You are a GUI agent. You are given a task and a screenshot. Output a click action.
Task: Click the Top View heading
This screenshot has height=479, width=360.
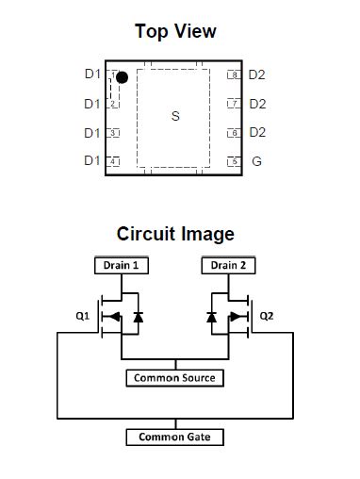(175, 32)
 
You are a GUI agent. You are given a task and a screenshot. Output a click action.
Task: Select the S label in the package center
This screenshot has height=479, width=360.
(175, 117)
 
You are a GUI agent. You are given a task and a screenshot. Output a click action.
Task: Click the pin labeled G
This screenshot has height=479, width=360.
(255, 161)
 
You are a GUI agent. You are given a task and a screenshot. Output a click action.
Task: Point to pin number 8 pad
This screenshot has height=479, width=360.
(234, 74)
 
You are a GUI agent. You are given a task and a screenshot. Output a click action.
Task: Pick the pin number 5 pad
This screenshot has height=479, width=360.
(234, 161)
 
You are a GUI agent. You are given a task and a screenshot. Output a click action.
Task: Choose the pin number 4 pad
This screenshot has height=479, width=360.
(113, 161)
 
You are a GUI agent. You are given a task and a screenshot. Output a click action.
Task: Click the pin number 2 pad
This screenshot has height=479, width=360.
(113, 104)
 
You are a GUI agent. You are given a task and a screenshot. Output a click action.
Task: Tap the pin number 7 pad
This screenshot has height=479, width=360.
(234, 104)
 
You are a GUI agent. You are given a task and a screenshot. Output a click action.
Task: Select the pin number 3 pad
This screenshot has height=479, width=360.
(113, 133)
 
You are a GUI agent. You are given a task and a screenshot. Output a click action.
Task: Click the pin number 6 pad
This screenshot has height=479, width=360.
(234, 133)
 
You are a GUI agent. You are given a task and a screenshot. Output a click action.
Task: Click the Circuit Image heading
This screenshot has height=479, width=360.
(175, 234)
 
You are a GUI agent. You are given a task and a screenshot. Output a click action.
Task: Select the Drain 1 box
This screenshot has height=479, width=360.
(122, 266)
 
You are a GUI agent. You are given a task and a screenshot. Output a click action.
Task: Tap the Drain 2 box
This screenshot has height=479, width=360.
(229, 266)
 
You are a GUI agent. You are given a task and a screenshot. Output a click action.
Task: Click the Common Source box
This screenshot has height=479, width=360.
(175, 378)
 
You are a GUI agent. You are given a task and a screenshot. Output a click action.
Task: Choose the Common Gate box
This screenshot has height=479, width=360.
(175, 438)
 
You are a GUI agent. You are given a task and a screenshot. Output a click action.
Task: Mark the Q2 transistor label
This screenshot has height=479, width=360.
(267, 316)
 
